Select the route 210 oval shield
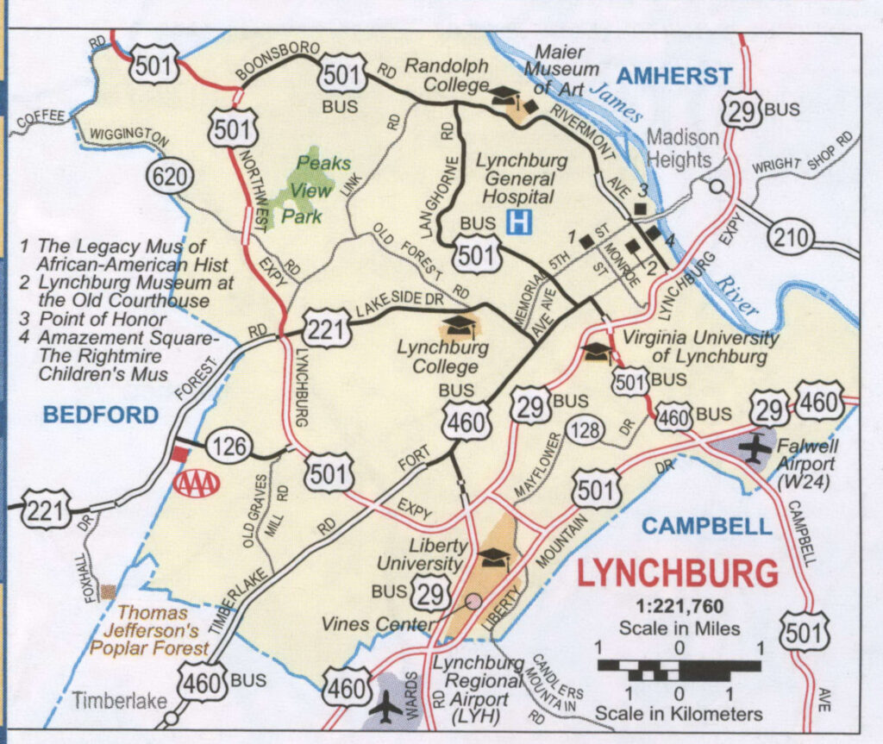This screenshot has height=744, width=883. (792, 235)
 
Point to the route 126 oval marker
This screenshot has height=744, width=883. (229, 447)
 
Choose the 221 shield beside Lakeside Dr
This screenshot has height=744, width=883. (326, 328)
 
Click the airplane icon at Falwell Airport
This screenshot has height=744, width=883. (756, 448)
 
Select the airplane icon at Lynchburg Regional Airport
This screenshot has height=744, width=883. (385, 704)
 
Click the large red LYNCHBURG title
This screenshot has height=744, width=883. (677, 572)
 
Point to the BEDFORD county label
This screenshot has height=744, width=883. (102, 416)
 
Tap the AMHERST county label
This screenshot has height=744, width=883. (673, 77)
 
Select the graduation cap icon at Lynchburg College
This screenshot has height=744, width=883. (460, 326)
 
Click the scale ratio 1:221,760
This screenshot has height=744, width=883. (679, 606)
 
